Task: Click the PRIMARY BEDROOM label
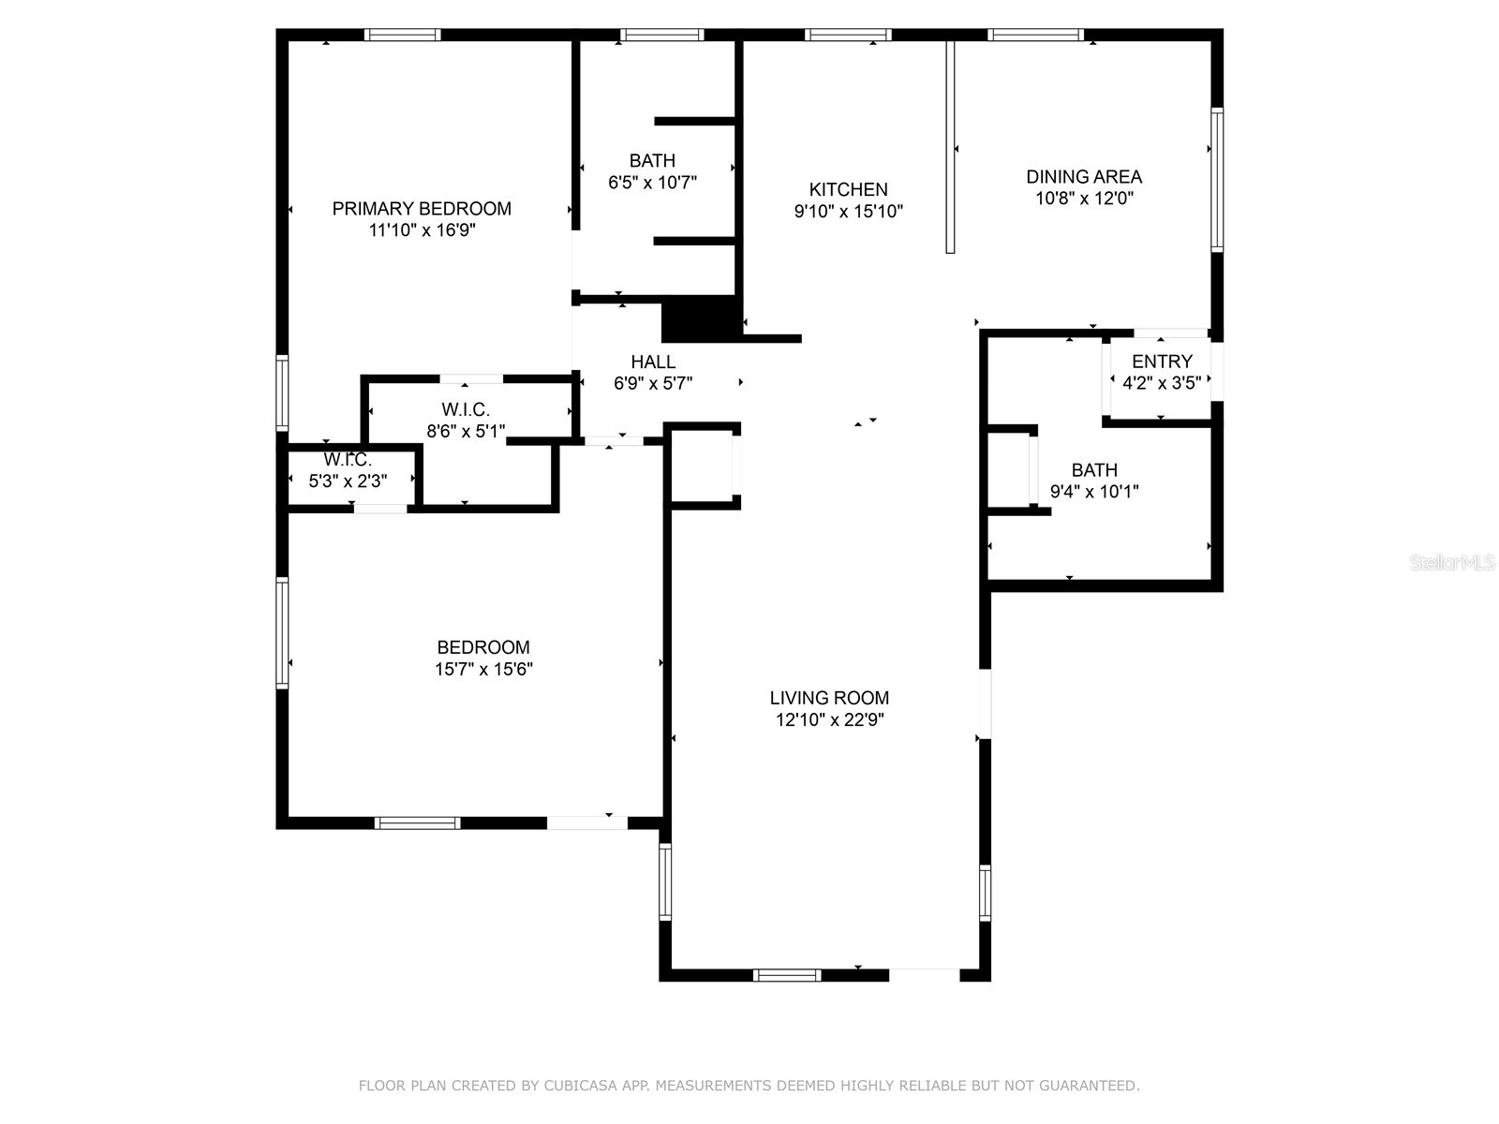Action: [422, 208]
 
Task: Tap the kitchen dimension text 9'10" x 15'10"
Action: [849, 212]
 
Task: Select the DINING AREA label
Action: [1084, 176]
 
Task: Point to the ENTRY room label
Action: [1162, 362]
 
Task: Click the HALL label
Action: [653, 362]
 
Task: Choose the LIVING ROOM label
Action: [829, 698]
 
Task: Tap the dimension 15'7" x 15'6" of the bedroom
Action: [483, 670]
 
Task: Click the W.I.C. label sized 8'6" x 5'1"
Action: [466, 409]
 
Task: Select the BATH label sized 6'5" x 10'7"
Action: [652, 161]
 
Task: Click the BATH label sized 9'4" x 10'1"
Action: [1094, 470]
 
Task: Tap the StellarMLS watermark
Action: [1452, 563]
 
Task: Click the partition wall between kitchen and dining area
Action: [949, 147]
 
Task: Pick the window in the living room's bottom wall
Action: [787, 975]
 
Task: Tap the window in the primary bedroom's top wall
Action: [402, 35]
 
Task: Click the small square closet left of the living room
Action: [703, 466]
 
